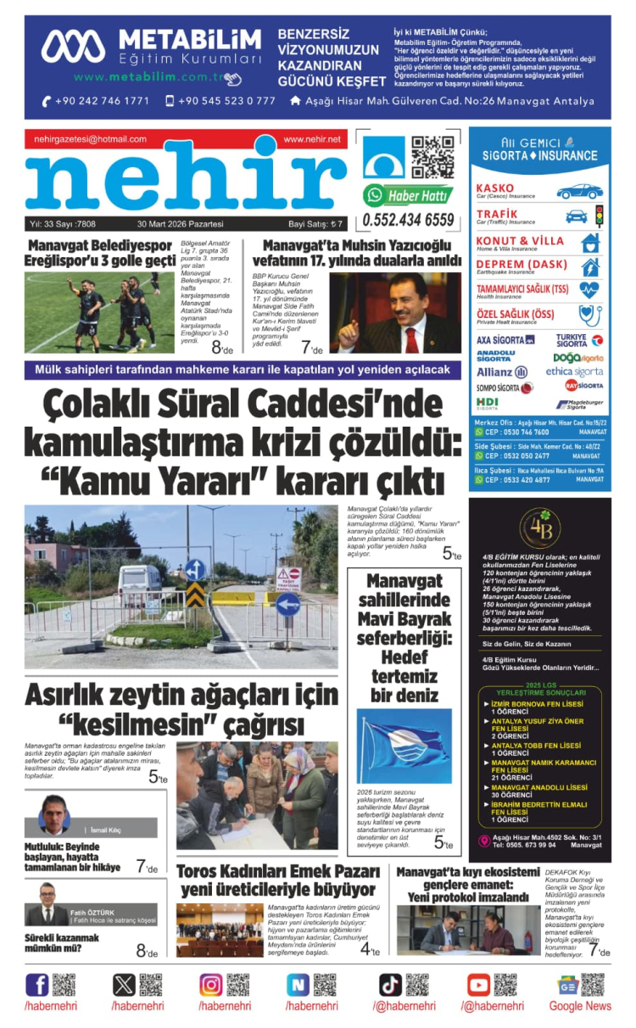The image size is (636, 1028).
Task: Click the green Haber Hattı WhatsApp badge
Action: pos(408,195)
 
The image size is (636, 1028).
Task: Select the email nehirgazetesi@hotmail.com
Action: pos(91,139)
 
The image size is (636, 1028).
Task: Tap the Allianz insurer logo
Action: pos(501,372)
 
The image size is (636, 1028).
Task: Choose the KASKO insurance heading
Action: pos(495,187)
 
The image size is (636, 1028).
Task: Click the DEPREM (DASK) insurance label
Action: pos(521,265)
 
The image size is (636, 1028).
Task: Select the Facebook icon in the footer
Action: pos(37,985)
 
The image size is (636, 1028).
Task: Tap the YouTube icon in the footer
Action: pos(478,985)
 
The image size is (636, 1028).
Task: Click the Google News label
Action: pos(580,1006)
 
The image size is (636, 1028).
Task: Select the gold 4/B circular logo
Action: pos(539,528)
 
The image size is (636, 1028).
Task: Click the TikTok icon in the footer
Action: pos(390,985)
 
